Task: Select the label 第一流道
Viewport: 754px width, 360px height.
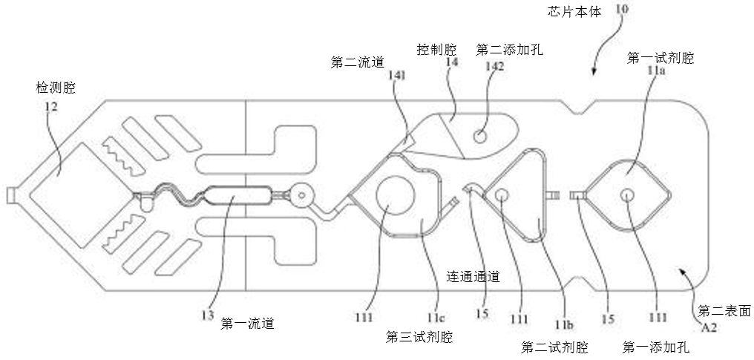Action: [x=248, y=324]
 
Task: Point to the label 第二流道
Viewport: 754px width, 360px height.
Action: [x=357, y=63]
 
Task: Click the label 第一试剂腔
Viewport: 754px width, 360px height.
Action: [x=660, y=58]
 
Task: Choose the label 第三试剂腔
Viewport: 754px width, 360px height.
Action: [x=419, y=336]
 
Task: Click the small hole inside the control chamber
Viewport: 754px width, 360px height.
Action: [x=480, y=137]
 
